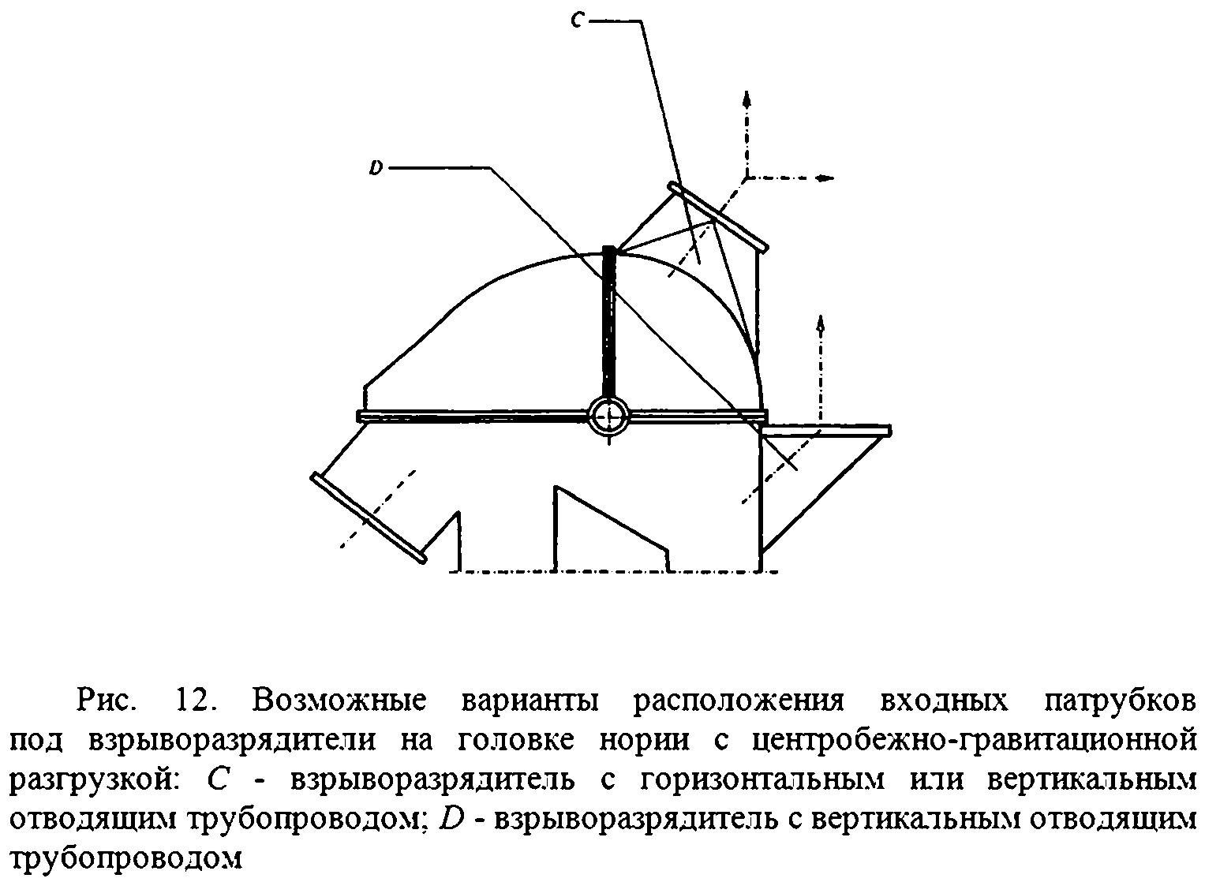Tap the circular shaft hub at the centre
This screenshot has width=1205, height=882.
608,415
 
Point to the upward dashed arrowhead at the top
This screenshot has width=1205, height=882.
747,98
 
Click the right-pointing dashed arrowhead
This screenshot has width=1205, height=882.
825,178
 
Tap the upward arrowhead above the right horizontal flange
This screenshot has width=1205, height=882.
821,322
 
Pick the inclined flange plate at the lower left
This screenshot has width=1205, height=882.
369,518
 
